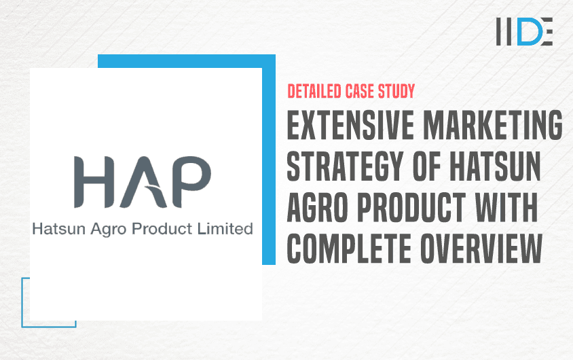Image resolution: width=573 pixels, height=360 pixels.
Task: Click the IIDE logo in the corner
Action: [x=524, y=31]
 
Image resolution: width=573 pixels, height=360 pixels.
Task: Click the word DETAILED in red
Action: [x=314, y=92]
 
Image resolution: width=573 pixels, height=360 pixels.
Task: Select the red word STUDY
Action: [x=396, y=92]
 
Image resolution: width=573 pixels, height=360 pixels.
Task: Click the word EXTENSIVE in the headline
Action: [x=350, y=125]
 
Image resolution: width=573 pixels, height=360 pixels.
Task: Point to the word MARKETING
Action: [x=493, y=125]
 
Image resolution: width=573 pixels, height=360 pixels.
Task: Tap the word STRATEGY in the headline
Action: [x=345, y=166]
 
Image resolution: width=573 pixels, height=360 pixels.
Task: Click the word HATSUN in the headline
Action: [x=495, y=166]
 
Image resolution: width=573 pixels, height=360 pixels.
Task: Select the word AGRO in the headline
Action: [x=317, y=207]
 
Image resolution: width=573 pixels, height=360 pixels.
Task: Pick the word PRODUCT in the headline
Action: [x=411, y=207]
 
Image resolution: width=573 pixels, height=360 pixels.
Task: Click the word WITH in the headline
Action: [x=506, y=207]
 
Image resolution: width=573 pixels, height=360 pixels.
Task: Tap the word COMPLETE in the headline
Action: [x=349, y=249]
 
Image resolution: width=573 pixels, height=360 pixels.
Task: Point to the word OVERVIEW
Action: [x=481, y=249]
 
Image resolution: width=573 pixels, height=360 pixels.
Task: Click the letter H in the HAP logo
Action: [x=94, y=182]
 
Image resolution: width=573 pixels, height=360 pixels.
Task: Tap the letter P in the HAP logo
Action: [x=191, y=182]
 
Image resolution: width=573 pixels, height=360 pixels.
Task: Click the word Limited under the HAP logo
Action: [x=225, y=229]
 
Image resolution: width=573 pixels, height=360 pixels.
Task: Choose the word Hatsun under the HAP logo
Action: [x=59, y=229]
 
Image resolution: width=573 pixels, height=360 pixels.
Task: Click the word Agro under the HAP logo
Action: [x=109, y=230]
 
